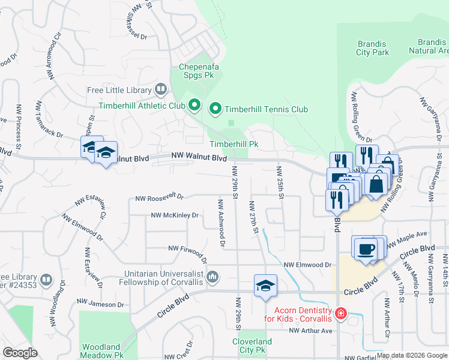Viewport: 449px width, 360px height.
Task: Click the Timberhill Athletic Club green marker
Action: click(194, 106)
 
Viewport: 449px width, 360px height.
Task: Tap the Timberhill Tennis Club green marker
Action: click(215, 109)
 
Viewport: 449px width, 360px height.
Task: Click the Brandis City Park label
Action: click(373, 48)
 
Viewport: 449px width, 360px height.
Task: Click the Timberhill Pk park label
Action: click(234, 144)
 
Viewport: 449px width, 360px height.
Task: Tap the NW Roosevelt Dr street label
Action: click(159, 197)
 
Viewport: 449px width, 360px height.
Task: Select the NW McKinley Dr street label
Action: click(175, 215)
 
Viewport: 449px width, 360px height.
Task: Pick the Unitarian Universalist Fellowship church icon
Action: click(212, 277)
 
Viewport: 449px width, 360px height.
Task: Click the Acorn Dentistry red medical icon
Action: click(340, 314)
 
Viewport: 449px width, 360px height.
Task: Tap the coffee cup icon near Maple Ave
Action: click(366, 248)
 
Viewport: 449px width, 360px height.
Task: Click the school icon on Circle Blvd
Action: click(265, 287)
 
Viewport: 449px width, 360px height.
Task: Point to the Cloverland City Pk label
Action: click(252, 345)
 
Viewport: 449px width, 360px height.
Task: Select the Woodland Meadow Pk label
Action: click(103, 351)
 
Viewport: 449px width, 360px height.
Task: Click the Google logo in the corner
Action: click(20, 353)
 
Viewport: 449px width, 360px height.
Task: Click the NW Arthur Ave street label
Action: click(310, 331)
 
